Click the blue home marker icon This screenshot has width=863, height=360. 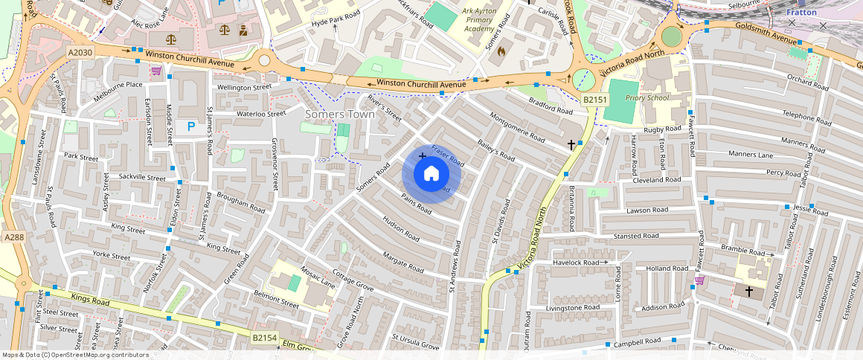[431, 174]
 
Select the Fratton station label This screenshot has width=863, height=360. [801, 13]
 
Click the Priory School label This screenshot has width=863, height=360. [647, 97]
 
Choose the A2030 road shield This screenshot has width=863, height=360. [80, 53]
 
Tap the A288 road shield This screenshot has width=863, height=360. [14, 237]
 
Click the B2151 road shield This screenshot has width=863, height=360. [595, 100]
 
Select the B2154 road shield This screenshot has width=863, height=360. [263, 338]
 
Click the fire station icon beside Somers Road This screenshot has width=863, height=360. [501, 52]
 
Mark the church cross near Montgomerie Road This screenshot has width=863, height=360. [571, 144]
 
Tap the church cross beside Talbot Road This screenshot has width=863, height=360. [748, 291]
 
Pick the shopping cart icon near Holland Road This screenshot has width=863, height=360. [699, 280]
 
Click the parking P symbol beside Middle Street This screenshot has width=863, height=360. [191, 127]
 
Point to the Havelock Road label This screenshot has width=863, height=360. [575, 263]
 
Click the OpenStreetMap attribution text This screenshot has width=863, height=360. [75, 355]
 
